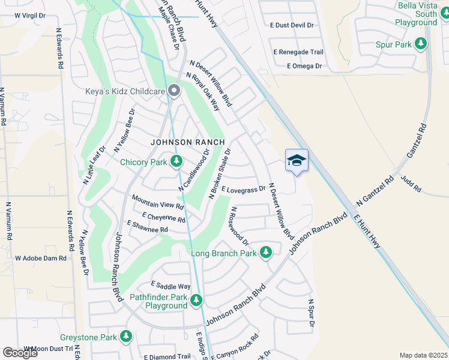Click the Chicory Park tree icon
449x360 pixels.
point(176,161)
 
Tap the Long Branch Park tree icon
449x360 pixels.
point(266,253)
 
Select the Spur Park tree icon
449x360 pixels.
point(421,44)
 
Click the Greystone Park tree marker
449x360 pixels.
point(125,337)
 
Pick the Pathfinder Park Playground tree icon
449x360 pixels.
point(196,300)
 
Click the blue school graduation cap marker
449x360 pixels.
point(297,160)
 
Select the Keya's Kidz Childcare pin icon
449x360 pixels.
point(174,91)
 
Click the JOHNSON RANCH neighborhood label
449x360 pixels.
point(187,142)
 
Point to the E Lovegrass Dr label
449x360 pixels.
point(243,189)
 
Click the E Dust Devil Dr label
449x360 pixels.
point(292,25)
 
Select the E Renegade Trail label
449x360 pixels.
point(298,52)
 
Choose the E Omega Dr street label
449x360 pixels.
point(304,65)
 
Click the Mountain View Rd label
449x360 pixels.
point(157,202)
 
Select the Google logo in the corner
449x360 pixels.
point(20,353)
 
